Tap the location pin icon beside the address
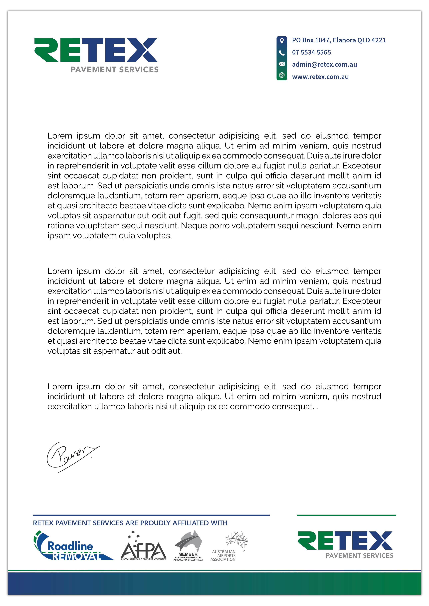281,41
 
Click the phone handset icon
281,53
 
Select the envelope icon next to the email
281,64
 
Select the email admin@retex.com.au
324,64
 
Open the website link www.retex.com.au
320,77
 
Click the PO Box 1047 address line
339,40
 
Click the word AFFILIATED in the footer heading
190,523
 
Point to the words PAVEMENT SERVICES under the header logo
114,70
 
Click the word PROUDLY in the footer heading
155,523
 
